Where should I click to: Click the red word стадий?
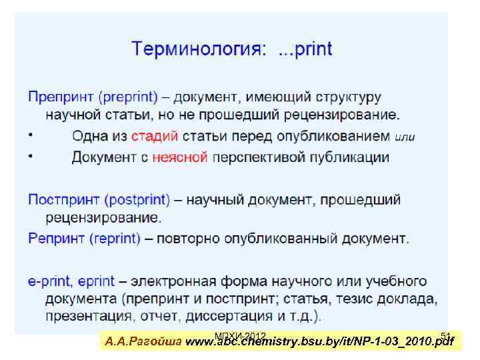tap(154, 136)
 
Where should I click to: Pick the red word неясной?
tap(180, 157)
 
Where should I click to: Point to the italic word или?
tap(405, 137)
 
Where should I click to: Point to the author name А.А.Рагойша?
tap(143, 343)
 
